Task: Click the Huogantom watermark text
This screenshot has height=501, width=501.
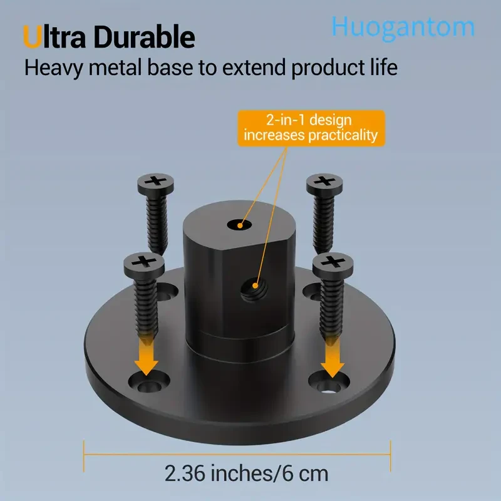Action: pyautogui.click(x=403, y=27)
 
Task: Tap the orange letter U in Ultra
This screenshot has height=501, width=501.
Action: pyautogui.click(x=33, y=38)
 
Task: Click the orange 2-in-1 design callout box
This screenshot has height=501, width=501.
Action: pyautogui.click(x=311, y=127)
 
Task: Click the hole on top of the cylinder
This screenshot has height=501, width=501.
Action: pyautogui.click(x=237, y=223)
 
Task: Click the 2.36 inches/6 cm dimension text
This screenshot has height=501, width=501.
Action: pyautogui.click(x=246, y=473)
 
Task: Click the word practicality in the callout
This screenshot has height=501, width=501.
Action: pyautogui.click(x=344, y=134)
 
